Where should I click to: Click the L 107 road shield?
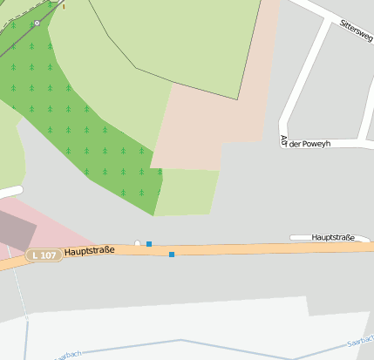point(43,255)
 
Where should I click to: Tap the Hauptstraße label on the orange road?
point(90,251)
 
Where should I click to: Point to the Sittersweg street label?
point(356,31)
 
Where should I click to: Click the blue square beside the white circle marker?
point(149,244)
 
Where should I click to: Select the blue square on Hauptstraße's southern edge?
point(172,255)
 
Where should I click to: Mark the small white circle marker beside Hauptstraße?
point(138,242)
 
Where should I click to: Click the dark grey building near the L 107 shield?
point(17,230)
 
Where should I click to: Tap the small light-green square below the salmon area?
point(187,192)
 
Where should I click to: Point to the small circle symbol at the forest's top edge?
point(37,23)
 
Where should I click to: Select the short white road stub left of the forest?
point(9,192)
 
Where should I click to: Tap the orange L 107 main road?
point(262,249)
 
